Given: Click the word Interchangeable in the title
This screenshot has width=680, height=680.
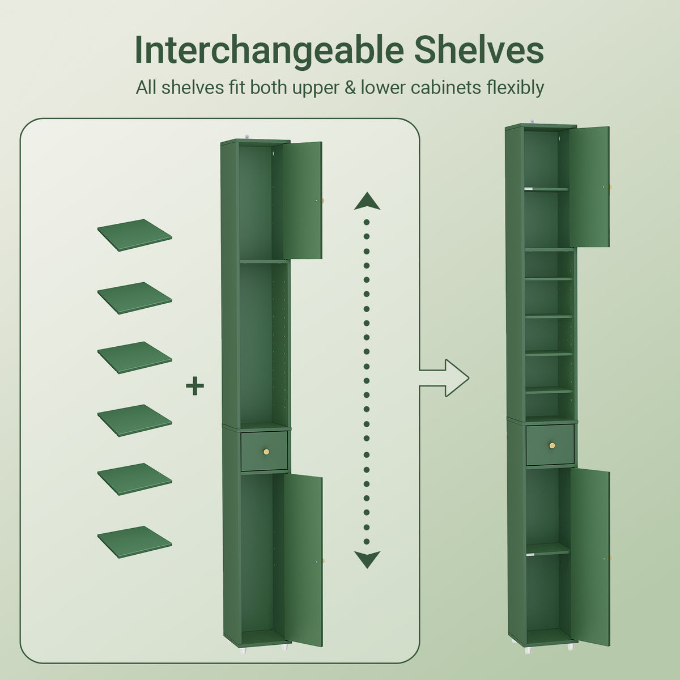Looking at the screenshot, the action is tap(269, 51).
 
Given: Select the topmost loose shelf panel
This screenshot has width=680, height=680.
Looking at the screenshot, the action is tap(135, 235).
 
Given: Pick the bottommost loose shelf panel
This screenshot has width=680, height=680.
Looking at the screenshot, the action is tap(135, 542).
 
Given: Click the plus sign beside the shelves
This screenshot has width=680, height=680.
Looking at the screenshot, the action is tap(195, 386).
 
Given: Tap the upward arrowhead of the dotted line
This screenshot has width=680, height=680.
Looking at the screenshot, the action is tap(367, 201).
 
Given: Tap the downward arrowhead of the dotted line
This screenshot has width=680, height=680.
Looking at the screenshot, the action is tap(367, 559).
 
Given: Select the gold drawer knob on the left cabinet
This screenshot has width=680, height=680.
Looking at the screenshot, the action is tap(267, 452).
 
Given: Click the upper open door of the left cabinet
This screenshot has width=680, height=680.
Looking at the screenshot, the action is tap(303, 200).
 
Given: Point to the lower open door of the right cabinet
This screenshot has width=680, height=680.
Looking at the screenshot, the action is tap(590, 557).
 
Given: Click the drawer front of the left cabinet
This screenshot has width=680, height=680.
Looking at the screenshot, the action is tap(264, 451).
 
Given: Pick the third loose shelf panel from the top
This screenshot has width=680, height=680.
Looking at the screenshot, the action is tap(135, 357).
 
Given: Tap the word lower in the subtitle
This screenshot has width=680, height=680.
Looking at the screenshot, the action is tap(383, 87).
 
